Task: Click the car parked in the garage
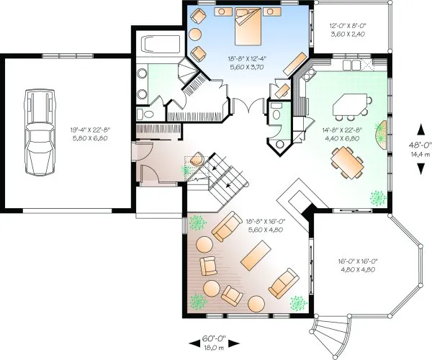[x=40, y=132]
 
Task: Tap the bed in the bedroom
[x=248, y=26]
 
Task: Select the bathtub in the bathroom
[x=161, y=44]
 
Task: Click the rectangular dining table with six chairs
[x=347, y=163]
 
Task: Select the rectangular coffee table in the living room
[x=256, y=256]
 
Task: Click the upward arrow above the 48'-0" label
[x=420, y=130]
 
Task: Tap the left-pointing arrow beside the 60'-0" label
[x=195, y=343]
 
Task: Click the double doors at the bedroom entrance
[x=249, y=106]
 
